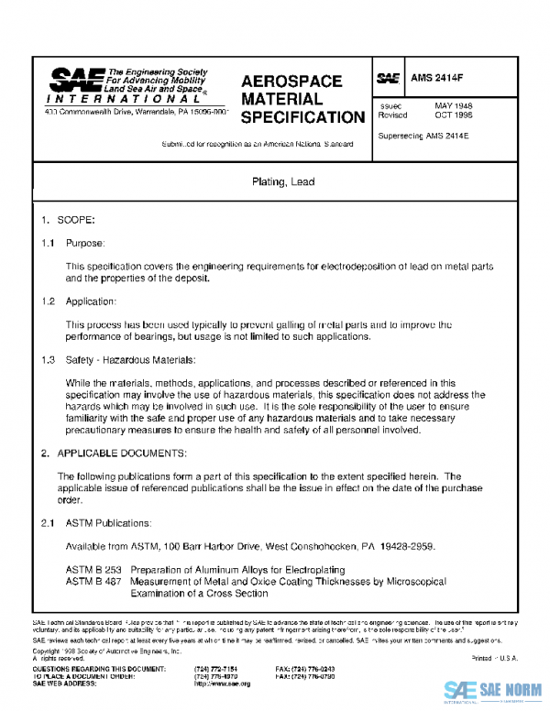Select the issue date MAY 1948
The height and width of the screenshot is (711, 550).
pos(453,106)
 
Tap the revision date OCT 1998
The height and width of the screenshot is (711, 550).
pos(453,116)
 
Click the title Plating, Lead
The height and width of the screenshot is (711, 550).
pos(282,182)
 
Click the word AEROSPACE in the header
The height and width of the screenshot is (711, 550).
pos(291,82)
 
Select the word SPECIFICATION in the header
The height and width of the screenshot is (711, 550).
pos(302,117)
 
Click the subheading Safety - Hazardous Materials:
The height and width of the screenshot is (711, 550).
pos(131,359)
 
